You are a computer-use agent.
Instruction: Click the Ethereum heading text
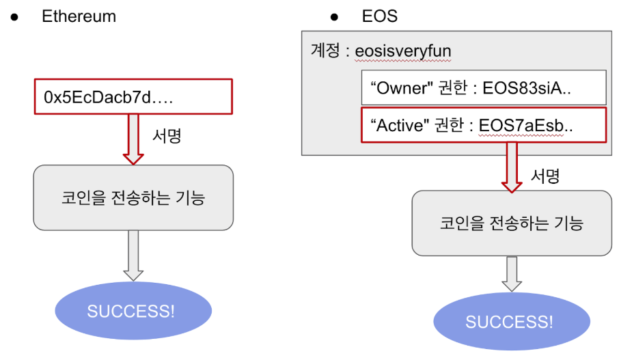[x=79, y=16]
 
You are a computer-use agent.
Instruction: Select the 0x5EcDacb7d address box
[x=133, y=96]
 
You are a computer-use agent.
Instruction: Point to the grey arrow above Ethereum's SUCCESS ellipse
[x=133, y=255]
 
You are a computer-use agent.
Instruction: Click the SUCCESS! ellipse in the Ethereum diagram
[x=133, y=311]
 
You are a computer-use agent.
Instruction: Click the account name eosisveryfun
[x=403, y=51]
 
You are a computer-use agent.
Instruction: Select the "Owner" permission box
[x=484, y=87]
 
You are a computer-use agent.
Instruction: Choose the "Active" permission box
[x=484, y=126]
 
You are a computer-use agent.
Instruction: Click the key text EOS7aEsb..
[x=525, y=126]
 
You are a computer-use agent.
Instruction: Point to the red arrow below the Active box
[x=512, y=168]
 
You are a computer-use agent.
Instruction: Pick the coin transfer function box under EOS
[x=512, y=223]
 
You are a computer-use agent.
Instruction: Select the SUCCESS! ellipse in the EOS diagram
[x=512, y=322]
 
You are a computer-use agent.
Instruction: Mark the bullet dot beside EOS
[x=335, y=16]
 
